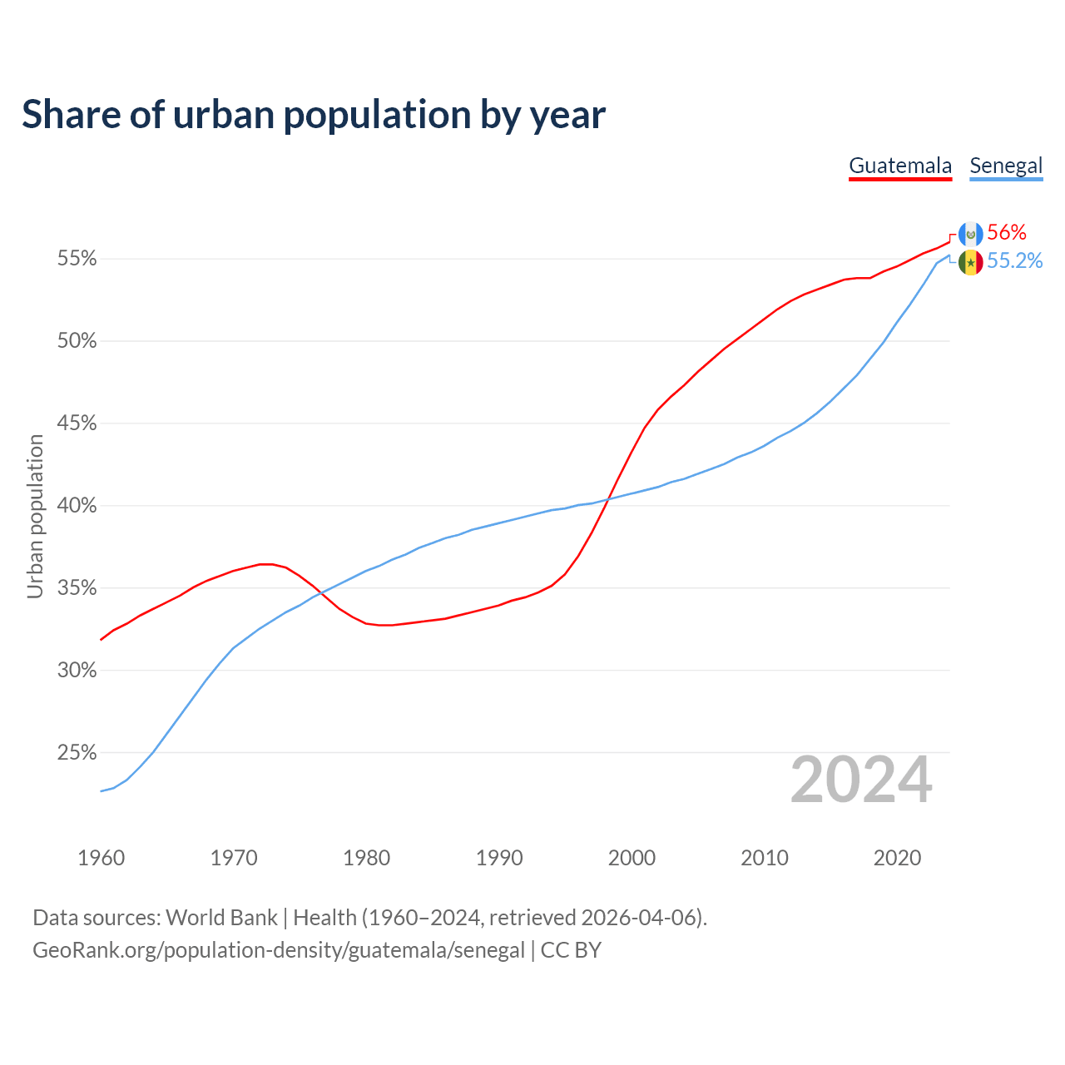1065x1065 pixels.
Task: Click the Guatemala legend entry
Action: click(x=900, y=166)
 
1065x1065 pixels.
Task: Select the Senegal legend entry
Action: click(x=1006, y=166)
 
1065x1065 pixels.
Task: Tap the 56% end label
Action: click(x=1007, y=233)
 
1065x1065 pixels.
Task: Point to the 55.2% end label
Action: click(x=1014, y=261)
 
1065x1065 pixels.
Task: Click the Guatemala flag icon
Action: click(x=970, y=235)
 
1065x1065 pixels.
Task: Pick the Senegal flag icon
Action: click(x=970, y=262)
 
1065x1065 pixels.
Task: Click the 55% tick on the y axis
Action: click(x=77, y=259)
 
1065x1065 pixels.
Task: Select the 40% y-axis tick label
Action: click(x=77, y=506)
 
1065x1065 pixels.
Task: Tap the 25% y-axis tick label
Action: click(x=77, y=753)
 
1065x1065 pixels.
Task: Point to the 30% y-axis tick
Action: click(x=77, y=671)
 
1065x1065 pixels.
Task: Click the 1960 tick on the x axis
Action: click(x=101, y=858)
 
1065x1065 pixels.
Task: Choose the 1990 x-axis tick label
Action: click(x=499, y=858)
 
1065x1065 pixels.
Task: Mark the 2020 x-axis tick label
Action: click(x=897, y=858)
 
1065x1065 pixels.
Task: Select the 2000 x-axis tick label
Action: click(x=632, y=858)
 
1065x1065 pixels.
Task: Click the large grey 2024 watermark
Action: click(x=861, y=780)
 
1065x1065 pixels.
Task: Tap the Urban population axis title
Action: click(x=35, y=516)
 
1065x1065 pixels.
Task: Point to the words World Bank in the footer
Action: click(x=221, y=918)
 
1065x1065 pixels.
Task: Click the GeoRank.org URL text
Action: click(x=279, y=950)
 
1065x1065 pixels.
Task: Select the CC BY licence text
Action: click(x=571, y=950)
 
